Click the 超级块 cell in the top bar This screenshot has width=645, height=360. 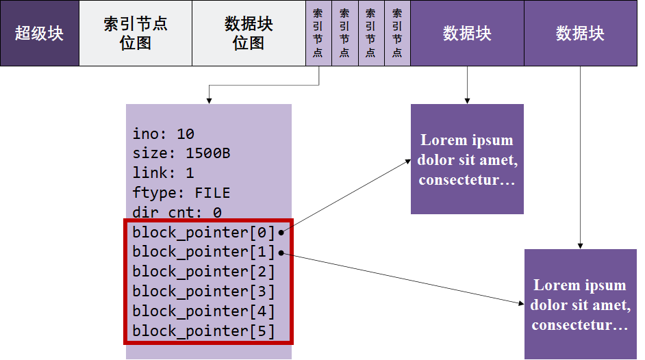click(40, 33)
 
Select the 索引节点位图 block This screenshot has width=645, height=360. click(136, 33)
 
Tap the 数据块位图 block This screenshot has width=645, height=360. click(249, 33)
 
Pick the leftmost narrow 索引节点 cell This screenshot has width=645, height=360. click(318, 33)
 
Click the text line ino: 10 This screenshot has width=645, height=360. click(164, 133)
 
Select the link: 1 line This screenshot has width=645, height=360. click(164, 173)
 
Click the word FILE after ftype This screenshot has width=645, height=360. click(212, 193)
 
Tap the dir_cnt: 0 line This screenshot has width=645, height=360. click(177, 213)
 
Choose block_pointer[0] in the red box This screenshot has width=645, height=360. click(203, 232)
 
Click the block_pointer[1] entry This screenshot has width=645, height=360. click(203, 252)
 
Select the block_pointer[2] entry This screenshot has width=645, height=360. click(203, 272)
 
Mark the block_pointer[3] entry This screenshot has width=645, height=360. click(203, 292)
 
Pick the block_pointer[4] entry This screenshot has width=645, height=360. click(203, 311)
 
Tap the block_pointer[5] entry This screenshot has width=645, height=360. click(203, 331)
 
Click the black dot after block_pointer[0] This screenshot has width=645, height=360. click(281, 233)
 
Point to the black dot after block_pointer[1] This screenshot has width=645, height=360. click(281, 253)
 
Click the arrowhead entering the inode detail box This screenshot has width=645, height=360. click(208, 101)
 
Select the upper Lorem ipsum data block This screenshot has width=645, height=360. click(467, 159)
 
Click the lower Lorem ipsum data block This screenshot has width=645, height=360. click(581, 304)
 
